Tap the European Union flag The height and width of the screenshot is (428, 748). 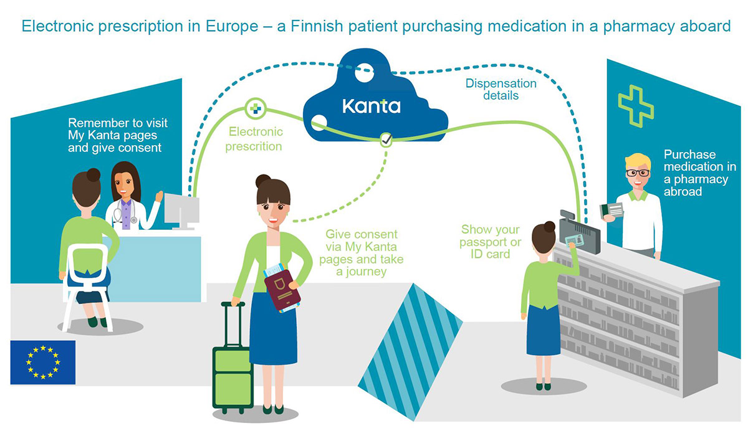[42, 362]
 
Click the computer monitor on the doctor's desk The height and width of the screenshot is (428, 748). [181, 211]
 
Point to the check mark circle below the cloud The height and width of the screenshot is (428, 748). [386, 140]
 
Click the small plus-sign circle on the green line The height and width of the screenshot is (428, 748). [254, 108]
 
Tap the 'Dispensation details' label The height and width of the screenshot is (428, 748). [501, 89]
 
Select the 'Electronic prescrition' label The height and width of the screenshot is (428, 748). [254, 139]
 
